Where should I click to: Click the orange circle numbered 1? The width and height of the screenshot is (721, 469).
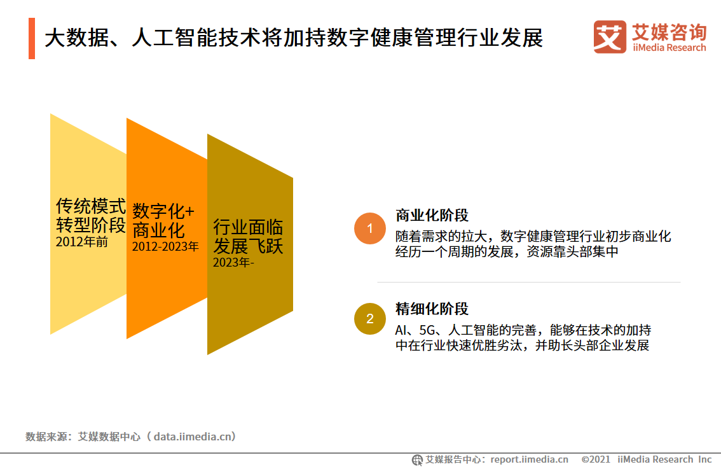point(369,228)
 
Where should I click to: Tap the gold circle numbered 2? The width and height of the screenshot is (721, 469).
point(369,318)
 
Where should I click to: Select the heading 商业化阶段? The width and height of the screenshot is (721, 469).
point(432,215)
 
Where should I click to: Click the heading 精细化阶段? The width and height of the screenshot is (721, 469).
point(432,309)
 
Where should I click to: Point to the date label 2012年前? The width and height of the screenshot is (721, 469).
point(82,242)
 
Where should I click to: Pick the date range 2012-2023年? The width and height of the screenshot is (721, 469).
point(165,247)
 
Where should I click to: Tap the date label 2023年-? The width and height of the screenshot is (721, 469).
point(233,262)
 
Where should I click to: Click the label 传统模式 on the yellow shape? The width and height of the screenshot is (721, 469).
point(90,206)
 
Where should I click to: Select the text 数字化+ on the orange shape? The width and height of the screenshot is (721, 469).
point(163,211)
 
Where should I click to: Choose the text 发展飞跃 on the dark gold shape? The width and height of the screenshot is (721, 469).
point(248,246)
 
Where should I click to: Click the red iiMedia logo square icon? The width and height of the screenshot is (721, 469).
point(610,37)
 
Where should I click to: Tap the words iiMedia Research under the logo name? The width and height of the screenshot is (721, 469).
point(669,48)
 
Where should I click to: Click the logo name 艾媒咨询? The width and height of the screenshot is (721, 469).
point(669,32)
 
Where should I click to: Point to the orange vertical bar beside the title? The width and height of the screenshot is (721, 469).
point(32,38)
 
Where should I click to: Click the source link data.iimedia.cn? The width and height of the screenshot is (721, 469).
point(192,437)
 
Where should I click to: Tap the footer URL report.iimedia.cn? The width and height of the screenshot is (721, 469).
point(529,459)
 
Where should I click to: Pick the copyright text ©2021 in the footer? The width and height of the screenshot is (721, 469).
point(596,459)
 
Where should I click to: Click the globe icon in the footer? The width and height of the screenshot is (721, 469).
point(417,460)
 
